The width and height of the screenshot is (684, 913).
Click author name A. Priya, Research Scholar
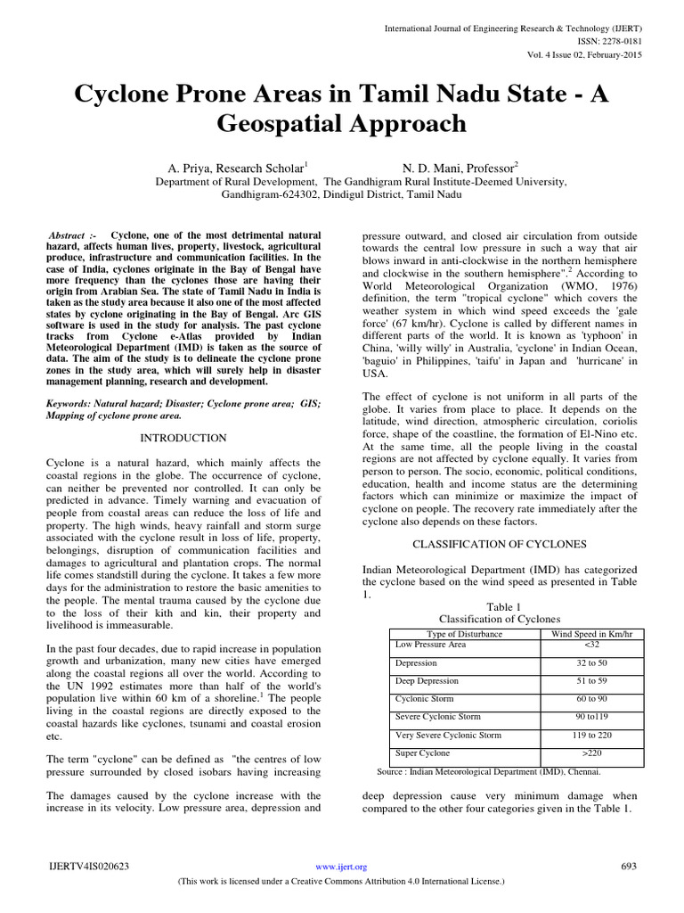pyautogui.click(x=238, y=167)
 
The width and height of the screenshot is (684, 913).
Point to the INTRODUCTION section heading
pyautogui.click(x=184, y=438)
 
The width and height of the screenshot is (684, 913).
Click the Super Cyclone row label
pyautogui.click(x=422, y=753)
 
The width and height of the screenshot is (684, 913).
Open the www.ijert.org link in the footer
pyautogui.click(x=342, y=866)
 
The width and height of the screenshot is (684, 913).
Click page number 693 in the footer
pyautogui.click(x=629, y=866)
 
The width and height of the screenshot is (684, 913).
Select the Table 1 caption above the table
pyautogui.click(x=500, y=606)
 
